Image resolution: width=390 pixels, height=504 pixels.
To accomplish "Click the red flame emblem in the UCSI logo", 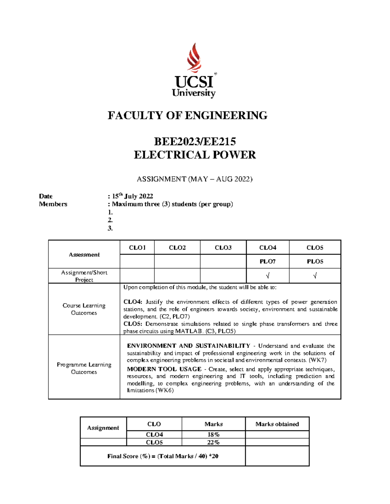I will (194, 58).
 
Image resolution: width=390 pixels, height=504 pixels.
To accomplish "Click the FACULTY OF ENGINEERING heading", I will (188, 116).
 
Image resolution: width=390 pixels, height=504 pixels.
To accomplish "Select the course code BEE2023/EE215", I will (195, 141).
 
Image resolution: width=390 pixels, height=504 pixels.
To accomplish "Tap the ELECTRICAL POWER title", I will (195, 155).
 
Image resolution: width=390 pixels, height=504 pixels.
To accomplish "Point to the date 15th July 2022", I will (132, 196).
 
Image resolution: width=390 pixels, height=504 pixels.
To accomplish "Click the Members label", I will (53, 204).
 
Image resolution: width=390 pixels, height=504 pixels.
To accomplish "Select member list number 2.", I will (110, 220).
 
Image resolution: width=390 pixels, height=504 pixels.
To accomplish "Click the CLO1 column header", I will (137, 248).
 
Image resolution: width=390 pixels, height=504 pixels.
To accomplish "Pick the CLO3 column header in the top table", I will (223, 248).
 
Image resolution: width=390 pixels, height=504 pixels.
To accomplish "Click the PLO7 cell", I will (267, 261).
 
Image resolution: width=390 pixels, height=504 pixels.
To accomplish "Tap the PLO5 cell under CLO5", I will (315, 261).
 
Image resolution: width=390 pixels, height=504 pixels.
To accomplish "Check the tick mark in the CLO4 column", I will (267, 276).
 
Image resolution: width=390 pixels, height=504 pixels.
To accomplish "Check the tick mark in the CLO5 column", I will (315, 276).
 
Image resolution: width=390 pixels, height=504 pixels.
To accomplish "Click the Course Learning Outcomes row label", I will (84, 309).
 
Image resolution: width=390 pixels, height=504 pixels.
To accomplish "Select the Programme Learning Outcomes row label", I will (84, 368).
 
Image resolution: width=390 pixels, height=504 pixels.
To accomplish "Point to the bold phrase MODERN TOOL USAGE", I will (164, 369).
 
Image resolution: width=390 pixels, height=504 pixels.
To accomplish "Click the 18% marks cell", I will (214, 435).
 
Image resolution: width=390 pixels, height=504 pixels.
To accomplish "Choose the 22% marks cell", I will (214, 442).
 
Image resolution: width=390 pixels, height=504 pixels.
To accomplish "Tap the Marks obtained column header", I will (277, 424).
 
